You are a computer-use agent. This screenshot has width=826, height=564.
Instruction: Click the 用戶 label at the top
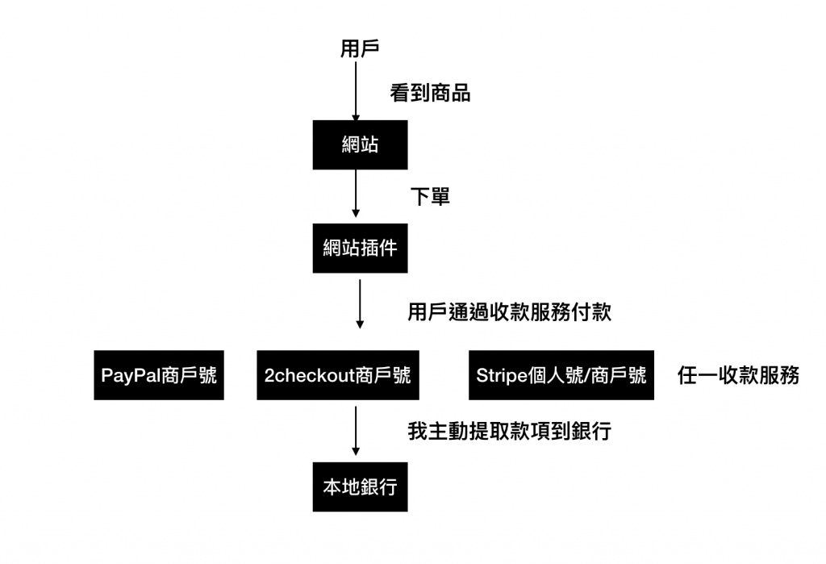(x=360, y=49)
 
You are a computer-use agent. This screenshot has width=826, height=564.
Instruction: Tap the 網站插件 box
(x=360, y=249)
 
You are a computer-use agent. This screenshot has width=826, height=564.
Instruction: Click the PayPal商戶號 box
(x=159, y=375)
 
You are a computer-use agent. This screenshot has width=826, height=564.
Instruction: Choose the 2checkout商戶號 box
(x=338, y=375)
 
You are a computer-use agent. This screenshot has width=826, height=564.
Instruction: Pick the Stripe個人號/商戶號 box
(x=561, y=375)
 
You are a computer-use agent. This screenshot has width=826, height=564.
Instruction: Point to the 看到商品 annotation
(x=430, y=94)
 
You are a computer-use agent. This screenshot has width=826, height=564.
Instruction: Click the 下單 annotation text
(x=430, y=197)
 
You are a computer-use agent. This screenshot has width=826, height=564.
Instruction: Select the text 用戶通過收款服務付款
(x=509, y=313)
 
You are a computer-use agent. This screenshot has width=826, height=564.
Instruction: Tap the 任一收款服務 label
(x=738, y=375)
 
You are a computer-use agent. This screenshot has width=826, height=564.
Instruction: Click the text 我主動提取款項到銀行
(x=509, y=431)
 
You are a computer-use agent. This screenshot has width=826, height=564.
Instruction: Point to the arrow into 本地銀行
(x=356, y=432)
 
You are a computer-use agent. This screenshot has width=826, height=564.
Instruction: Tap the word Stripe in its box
(x=499, y=375)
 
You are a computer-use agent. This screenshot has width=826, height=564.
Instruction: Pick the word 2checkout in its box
(x=309, y=375)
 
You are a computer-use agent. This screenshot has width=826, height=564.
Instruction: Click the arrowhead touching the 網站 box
(x=356, y=119)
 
